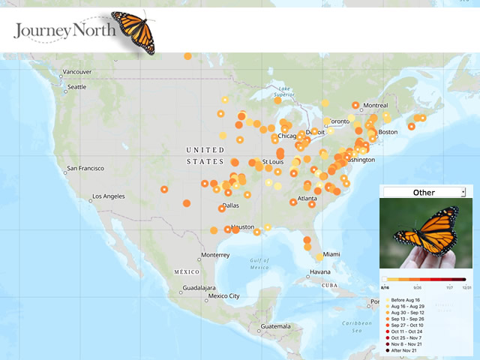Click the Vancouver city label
point(76,72)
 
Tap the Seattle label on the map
point(77,87)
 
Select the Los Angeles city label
point(109,196)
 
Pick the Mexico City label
point(223,295)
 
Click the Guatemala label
point(275,326)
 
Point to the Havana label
point(320,271)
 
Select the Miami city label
point(331,254)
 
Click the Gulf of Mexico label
point(259,264)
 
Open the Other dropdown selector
point(424,193)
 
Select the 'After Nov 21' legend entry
point(404,350)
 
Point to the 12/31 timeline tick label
point(467,286)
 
